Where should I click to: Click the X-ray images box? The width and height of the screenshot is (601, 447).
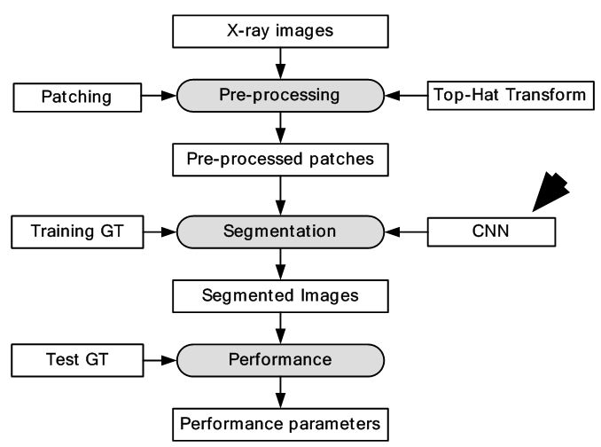280,31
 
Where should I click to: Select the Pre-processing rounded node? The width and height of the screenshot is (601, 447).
280,94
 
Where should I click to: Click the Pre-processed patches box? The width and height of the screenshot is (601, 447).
280,160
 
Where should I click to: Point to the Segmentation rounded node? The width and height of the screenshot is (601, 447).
280,231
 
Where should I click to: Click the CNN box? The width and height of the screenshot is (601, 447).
491,231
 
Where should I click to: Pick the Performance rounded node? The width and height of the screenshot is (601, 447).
280,360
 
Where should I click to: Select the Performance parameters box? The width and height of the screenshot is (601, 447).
280,423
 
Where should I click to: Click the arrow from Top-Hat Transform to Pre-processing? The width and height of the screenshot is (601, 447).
406,94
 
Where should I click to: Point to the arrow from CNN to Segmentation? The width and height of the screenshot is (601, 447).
406,231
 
